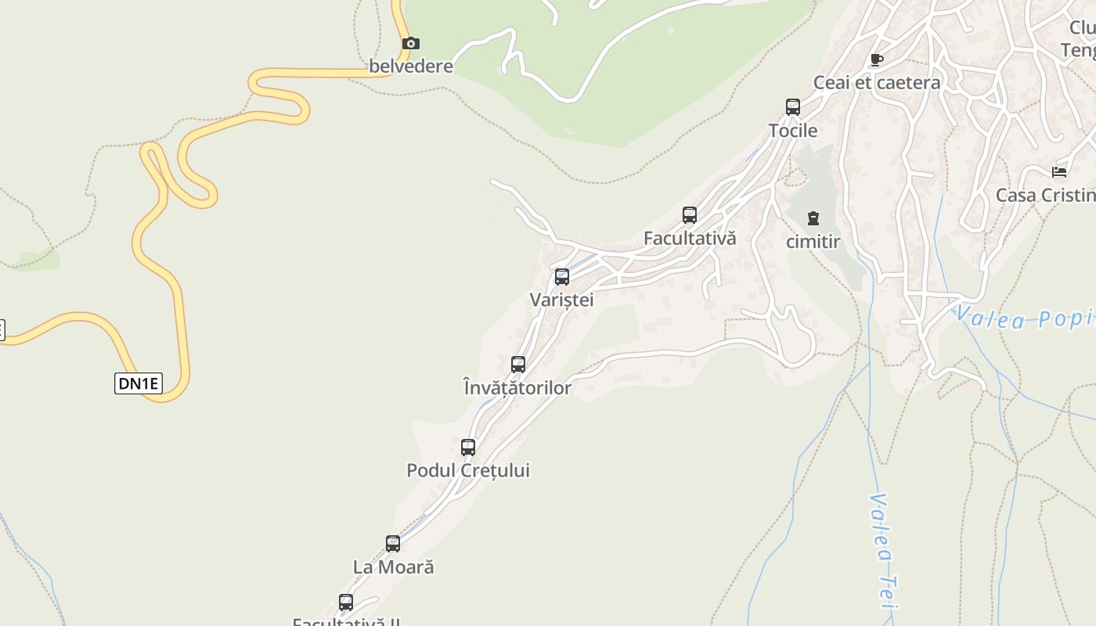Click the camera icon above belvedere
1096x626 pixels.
pos(410,44)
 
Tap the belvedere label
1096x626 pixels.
pos(411,66)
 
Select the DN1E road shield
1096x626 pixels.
pos(139,383)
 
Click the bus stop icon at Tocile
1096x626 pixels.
pos(793,107)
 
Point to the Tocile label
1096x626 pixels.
pos(793,130)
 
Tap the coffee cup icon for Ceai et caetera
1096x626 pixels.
pos(876,60)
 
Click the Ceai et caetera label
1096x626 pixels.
pos(877,82)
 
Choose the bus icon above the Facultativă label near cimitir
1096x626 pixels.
pos(690,215)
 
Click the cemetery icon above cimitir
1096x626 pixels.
pos(813,218)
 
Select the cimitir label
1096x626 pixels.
pos(813,242)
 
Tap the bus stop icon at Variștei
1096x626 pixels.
pos(562,277)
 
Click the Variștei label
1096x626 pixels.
pos(562,300)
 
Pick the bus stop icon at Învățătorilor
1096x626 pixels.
pos(518,365)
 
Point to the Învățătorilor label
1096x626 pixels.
pos(517,387)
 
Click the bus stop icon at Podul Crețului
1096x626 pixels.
pos(468,448)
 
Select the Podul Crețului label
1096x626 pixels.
pos(468,470)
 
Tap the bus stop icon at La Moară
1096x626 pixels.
pos(393,544)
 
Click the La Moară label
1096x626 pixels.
pos(393,567)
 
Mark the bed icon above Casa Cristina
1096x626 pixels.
pos(1059,172)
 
